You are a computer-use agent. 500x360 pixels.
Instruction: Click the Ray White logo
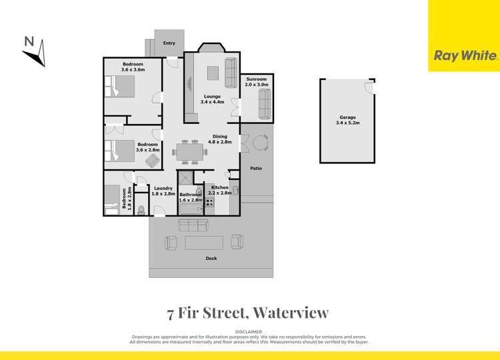464,56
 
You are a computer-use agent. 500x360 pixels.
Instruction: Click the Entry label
169,43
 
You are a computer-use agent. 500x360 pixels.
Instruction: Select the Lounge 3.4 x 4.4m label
211,99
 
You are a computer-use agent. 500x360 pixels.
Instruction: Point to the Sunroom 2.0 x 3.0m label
257,82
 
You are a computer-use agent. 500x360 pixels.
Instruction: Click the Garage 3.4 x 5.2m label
347,121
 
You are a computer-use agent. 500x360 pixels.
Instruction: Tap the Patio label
255,168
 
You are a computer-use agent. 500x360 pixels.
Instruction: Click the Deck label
211,259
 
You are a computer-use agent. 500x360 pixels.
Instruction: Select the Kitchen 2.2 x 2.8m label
219,191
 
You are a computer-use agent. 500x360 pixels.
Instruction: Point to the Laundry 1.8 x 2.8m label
163,191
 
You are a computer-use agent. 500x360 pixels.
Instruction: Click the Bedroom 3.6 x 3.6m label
133,67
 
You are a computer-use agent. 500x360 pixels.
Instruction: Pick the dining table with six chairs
189,153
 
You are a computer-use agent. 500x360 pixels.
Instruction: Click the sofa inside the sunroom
264,104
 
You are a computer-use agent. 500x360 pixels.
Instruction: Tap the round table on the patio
260,142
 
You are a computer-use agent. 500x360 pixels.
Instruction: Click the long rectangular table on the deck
204,242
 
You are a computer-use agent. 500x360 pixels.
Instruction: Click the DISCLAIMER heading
249,331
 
